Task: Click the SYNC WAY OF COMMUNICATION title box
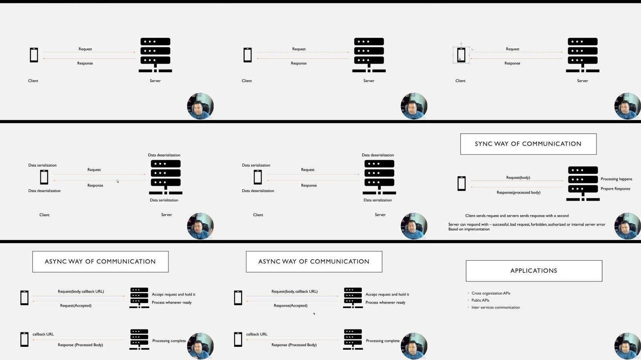click(528, 144)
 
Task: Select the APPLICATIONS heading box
click(534, 271)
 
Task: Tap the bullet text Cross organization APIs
click(491, 293)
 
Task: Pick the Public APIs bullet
click(480, 300)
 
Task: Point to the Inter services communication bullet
click(495, 308)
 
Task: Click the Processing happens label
click(617, 179)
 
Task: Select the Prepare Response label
click(615, 189)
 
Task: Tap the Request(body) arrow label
click(518, 177)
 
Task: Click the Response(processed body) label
click(518, 193)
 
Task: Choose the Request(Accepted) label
click(76, 306)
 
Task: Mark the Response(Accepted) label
click(290, 306)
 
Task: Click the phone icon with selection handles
click(461, 55)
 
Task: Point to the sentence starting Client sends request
click(517, 215)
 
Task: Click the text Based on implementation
click(469, 229)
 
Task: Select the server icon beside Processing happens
click(583, 183)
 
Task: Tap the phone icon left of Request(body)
click(461, 183)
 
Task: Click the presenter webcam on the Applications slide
click(627, 346)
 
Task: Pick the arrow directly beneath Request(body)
click(516, 181)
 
